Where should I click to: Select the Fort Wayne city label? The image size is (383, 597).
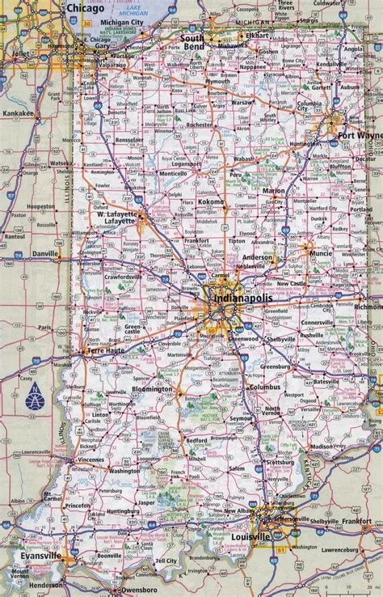coord(356,134)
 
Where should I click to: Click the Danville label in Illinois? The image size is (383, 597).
coord(44,253)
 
